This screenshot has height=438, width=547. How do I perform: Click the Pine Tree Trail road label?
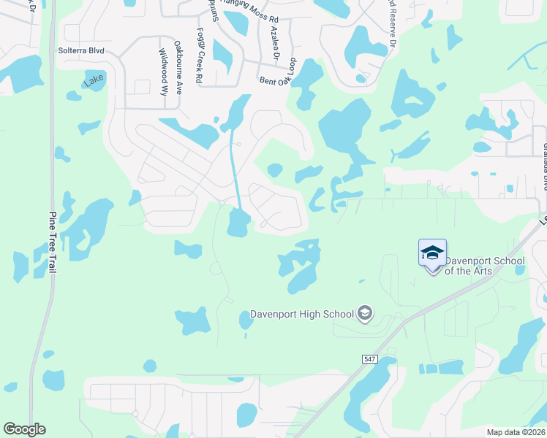pos(53,242)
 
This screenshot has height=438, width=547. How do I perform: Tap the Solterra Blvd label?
pos(80,51)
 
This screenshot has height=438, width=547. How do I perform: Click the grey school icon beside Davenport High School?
pos(364,315)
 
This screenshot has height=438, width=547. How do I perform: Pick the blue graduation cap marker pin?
pos(432,254)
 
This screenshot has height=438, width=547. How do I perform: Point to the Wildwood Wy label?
pos(162,67)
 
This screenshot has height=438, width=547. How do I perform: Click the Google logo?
pos(24,429)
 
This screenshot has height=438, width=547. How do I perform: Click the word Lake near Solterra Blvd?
pos(94,80)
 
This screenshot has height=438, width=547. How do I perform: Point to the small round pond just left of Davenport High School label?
pos(246,319)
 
